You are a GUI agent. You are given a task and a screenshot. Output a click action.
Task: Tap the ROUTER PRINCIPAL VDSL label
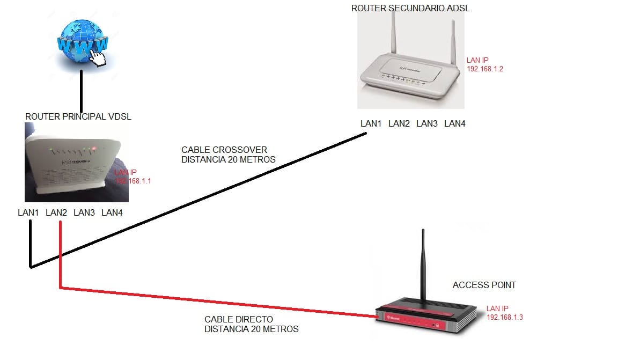(78, 116)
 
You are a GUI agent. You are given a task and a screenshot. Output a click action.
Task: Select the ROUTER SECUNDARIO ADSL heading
(410, 8)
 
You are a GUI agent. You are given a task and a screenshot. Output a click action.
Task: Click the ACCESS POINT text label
(484, 285)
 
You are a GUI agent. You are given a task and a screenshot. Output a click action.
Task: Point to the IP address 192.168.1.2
(485, 69)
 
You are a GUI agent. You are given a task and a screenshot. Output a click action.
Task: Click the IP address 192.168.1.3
(504, 317)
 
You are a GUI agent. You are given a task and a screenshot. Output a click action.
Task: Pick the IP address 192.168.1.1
(133, 181)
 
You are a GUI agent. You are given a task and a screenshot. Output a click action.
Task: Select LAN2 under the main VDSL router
(56, 213)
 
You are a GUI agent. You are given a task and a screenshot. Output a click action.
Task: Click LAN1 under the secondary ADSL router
(371, 124)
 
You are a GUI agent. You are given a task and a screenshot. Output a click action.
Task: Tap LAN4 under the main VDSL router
(112, 213)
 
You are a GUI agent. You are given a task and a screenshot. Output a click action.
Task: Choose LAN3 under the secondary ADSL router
(427, 124)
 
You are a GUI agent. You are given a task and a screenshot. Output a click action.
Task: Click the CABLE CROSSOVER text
(224, 150)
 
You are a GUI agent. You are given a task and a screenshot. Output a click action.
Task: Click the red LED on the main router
(93, 149)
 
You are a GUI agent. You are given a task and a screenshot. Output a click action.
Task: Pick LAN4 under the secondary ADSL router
(455, 124)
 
